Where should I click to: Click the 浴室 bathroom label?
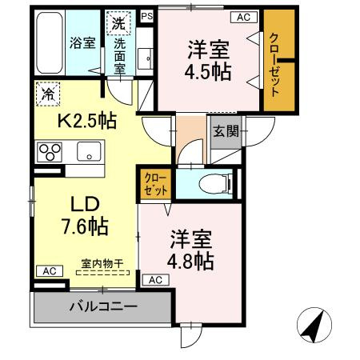tap(82, 43)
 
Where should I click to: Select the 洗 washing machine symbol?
tap(118, 23)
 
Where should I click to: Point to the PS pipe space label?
tap(146, 15)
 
